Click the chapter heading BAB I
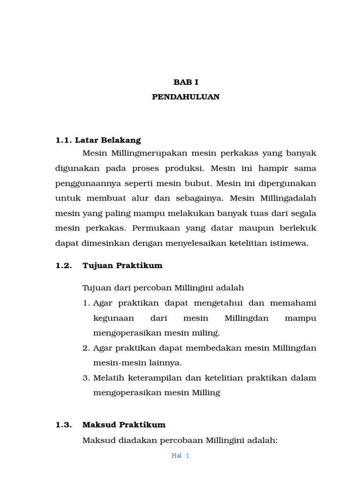(x=186, y=82)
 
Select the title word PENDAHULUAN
(x=186, y=97)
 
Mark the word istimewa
(x=290, y=243)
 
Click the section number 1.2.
(x=64, y=265)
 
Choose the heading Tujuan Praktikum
(x=122, y=265)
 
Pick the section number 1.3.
(x=64, y=425)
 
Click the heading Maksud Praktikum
(x=124, y=425)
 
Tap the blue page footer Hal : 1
(x=180, y=456)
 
